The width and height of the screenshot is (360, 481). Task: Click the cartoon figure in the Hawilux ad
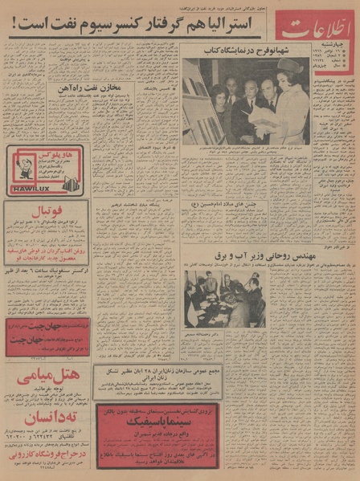[x=22, y=164]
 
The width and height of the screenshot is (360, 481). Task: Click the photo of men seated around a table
[x=224, y=297]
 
